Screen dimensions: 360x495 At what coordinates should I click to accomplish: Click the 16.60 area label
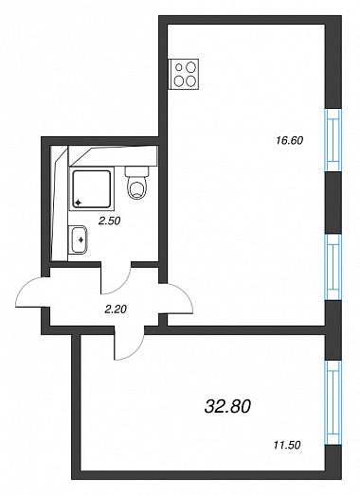290,140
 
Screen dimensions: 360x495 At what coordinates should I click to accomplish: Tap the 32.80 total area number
227,406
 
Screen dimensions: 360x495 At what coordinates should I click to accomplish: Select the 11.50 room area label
286,445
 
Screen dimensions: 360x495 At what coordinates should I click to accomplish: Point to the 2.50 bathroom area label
109,221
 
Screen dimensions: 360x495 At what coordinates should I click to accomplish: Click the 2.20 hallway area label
116,309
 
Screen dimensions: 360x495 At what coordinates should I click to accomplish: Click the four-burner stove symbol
185,73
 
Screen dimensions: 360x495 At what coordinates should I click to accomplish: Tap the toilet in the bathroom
137,183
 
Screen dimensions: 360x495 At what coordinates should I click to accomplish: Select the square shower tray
92,189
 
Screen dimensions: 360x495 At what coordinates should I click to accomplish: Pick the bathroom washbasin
78,239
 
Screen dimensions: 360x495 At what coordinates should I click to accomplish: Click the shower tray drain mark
78,203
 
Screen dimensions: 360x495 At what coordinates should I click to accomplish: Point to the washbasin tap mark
81,239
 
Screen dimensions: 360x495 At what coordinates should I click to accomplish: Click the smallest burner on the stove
179,67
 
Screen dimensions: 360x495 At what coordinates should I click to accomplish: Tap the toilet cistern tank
137,171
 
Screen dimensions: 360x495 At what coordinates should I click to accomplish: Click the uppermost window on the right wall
333,140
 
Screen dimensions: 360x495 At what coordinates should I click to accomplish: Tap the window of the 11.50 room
333,402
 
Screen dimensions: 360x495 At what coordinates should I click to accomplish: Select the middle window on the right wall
333,267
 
